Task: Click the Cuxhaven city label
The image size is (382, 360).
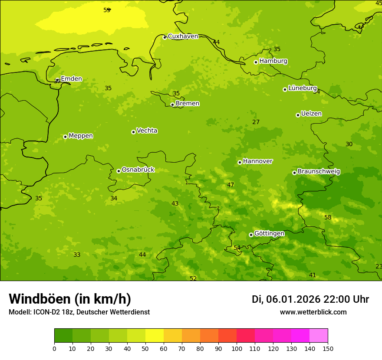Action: pyautogui.click(x=183, y=36)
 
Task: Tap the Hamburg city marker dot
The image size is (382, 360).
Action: pyautogui.click(x=256, y=62)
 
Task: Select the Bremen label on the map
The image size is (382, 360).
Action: pyautogui.click(x=188, y=104)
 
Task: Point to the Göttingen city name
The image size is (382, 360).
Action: pyautogui.click(x=269, y=234)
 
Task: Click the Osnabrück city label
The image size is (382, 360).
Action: pyautogui.click(x=138, y=170)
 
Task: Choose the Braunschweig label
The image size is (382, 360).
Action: pyautogui.click(x=319, y=172)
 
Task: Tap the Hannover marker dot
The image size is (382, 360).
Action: pyautogui.click(x=240, y=162)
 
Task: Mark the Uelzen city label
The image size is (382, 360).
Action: pyautogui.click(x=311, y=114)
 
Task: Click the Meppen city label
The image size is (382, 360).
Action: pyautogui.click(x=81, y=136)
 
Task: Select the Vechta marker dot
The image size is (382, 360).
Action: pyautogui.click(x=133, y=132)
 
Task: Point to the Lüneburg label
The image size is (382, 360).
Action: pyautogui.click(x=303, y=88)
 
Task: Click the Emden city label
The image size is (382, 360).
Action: pyautogui.click(x=71, y=79)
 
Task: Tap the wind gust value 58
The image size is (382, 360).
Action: pyautogui.click(x=328, y=217)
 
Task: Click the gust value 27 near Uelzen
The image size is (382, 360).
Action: pyautogui.click(x=256, y=122)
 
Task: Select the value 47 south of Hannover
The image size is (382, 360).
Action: pyautogui.click(x=231, y=185)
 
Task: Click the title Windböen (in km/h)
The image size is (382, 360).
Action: pyautogui.click(x=70, y=299)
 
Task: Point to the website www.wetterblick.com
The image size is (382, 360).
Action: pyautogui.click(x=313, y=312)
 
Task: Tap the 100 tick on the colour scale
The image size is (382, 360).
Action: pyautogui.click(x=237, y=348)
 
